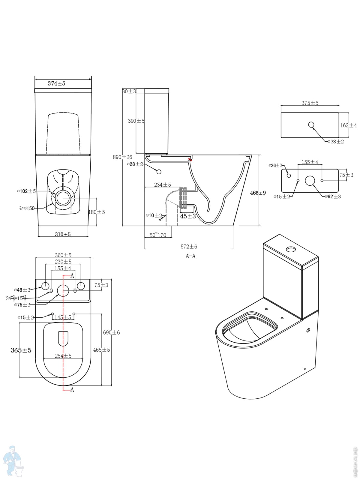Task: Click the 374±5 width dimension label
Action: click(x=56, y=83)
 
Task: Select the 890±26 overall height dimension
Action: click(x=122, y=157)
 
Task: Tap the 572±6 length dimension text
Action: click(x=189, y=247)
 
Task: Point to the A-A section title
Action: click(x=190, y=256)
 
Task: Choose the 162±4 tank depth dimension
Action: click(x=349, y=125)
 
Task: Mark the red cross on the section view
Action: click(x=190, y=160)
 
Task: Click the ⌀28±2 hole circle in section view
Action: click(x=159, y=172)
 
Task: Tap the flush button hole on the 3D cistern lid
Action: click(x=291, y=249)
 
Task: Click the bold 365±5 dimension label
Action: click(x=21, y=350)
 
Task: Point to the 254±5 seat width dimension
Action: click(x=63, y=356)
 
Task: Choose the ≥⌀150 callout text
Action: click(x=27, y=208)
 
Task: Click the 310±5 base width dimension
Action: click(x=63, y=234)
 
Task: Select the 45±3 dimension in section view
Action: click(x=188, y=216)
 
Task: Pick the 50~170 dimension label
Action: click(x=158, y=235)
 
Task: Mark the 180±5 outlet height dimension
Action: click(x=97, y=212)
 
